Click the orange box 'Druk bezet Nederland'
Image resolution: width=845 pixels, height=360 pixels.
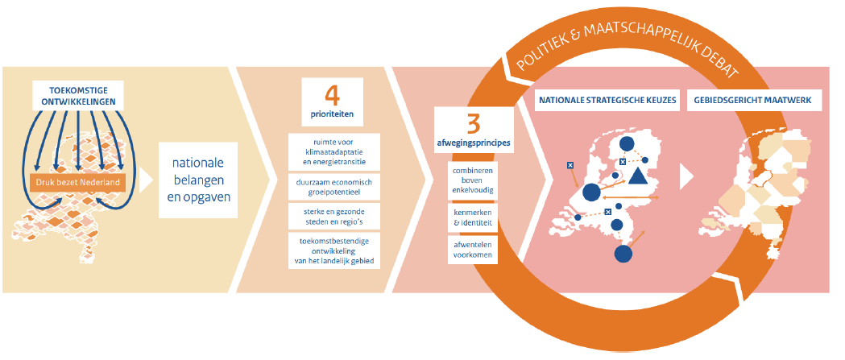78,183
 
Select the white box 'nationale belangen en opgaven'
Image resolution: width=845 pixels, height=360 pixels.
198,181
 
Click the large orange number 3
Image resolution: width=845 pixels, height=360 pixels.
474,124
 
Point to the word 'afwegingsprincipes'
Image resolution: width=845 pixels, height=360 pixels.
474,144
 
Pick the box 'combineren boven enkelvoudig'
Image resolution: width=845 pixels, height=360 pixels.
473,180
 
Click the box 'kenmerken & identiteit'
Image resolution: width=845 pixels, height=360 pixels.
473,215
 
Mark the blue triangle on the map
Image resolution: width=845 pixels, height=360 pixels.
637,176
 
